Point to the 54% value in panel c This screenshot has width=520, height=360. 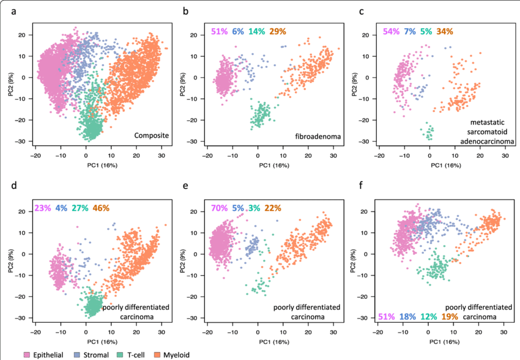[392, 31]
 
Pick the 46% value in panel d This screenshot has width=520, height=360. [103, 208]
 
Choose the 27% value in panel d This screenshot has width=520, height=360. [81, 208]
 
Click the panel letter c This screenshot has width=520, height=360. [362, 10]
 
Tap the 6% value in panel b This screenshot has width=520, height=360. [237, 31]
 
